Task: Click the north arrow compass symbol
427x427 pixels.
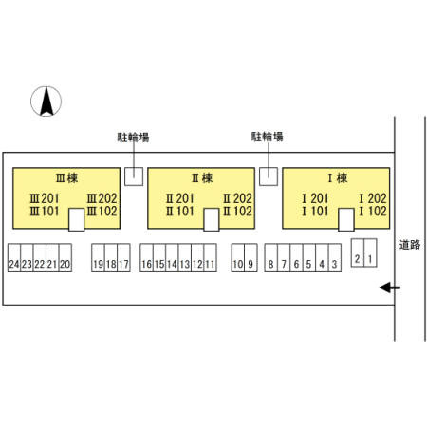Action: (46, 102)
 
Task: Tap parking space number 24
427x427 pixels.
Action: (14, 258)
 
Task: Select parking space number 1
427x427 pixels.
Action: (370, 252)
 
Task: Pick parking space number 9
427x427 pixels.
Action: (251, 258)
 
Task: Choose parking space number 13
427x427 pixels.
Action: (185, 258)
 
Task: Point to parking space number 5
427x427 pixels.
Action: (309, 258)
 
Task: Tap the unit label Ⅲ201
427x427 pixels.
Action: (45, 198)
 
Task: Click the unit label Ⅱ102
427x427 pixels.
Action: (237, 211)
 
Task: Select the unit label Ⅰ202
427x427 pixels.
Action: (373, 198)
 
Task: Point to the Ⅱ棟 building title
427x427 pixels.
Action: (202, 178)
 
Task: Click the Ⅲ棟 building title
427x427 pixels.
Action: (66, 178)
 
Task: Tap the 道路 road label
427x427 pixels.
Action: (410, 245)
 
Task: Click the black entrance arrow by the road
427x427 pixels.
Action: (390, 288)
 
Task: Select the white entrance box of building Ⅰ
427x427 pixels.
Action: (346, 219)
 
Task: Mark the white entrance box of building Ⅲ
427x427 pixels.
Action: (77, 219)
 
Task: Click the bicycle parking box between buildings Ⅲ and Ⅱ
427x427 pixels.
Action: (134, 176)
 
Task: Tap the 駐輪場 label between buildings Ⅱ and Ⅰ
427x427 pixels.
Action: (268, 137)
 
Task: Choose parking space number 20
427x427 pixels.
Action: (65, 258)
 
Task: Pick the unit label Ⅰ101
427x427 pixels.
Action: (315, 211)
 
